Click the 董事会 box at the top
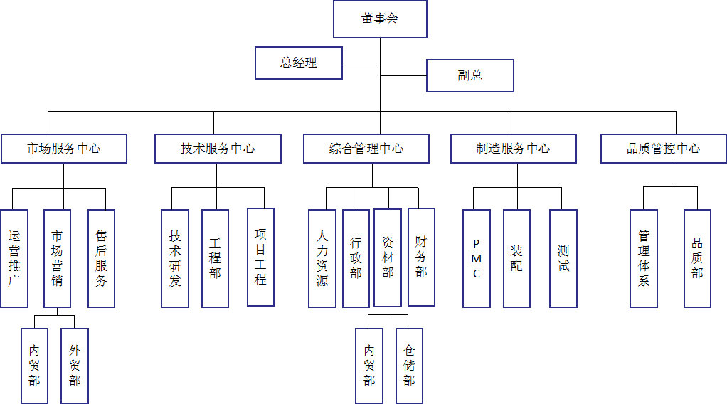(x=380, y=19)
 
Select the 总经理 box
(x=299, y=63)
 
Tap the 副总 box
(x=469, y=75)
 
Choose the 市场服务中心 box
(x=64, y=149)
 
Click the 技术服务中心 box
(x=218, y=149)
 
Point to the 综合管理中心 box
(x=366, y=149)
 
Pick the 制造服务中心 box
(x=513, y=149)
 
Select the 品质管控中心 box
(x=663, y=149)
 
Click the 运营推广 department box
(x=14, y=258)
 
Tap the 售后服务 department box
(x=101, y=258)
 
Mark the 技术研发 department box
(x=175, y=258)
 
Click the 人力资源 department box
(x=322, y=258)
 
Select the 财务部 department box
(x=421, y=257)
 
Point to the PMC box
(x=476, y=258)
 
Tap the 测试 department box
(x=563, y=258)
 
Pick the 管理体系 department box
(x=644, y=258)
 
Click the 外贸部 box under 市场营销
(x=75, y=366)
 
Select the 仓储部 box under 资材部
(x=409, y=366)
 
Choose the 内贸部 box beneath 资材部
(x=369, y=366)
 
